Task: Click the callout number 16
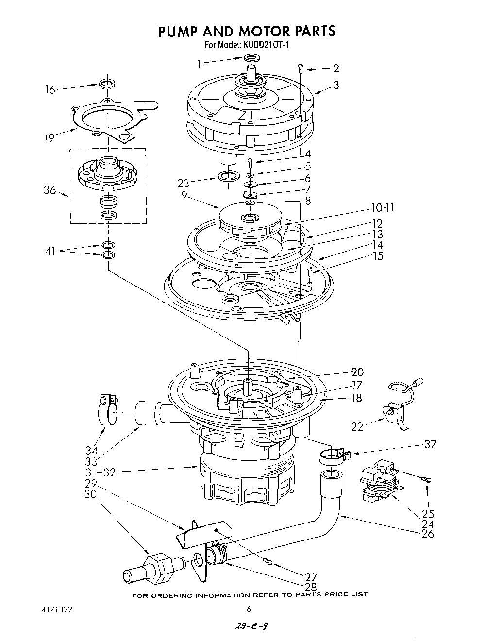click(50, 89)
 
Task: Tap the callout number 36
click(50, 191)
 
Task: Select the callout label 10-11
click(382, 208)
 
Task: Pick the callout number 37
click(430, 443)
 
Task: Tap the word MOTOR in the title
click(261, 31)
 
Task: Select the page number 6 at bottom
click(248, 609)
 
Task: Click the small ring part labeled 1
click(251, 59)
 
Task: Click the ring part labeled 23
click(229, 175)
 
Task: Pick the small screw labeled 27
click(269, 562)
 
